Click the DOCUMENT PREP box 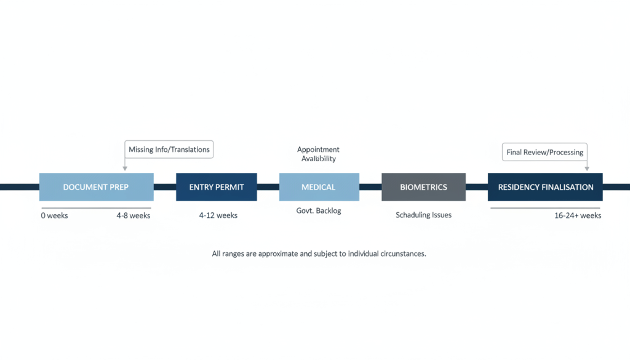(x=96, y=187)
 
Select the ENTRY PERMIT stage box (x=217, y=187)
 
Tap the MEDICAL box (x=319, y=187)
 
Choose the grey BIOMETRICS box (x=423, y=187)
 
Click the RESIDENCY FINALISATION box (x=545, y=187)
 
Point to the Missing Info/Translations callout (x=169, y=150)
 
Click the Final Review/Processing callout (x=544, y=152)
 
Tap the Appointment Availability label (x=318, y=154)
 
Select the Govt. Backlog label (x=319, y=211)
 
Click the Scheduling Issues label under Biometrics (x=423, y=215)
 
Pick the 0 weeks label (x=55, y=216)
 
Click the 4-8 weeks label (x=134, y=216)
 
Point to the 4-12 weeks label (x=218, y=216)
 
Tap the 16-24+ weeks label (x=578, y=216)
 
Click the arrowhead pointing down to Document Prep (x=125, y=168)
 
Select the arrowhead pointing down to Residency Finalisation (x=586, y=168)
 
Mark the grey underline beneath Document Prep (x=96, y=208)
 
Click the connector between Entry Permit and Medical (x=268, y=187)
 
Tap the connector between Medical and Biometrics (x=370, y=187)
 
